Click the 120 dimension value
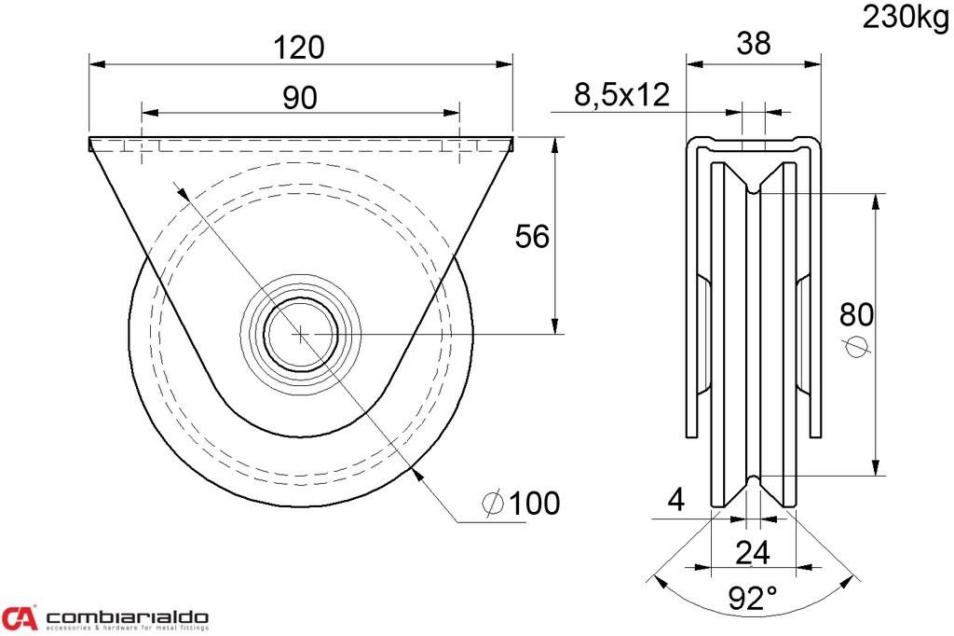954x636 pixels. pos(300,47)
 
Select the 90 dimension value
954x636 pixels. pos(300,96)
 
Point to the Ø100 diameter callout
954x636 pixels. pos(522,504)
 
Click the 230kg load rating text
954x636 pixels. pos(904,18)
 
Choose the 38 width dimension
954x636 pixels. pos(753,44)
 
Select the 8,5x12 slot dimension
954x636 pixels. pos(621,94)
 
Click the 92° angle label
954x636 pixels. pos(753,598)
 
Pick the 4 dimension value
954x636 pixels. pos(676,501)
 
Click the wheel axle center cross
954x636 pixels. pos(300,333)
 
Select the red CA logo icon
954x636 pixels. pos(20,617)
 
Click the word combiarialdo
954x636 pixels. pos(127,616)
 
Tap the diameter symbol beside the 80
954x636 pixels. pos(856,346)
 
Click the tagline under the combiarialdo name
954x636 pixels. pos(127,629)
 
